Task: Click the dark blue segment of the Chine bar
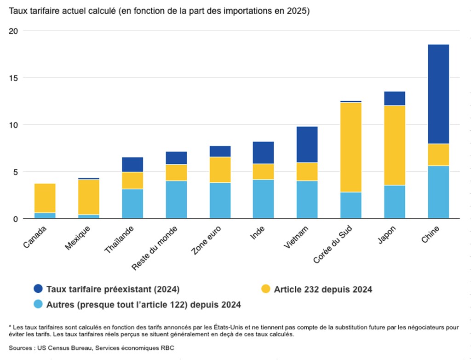click(x=438, y=94)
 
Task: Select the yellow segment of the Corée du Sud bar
click(x=350, y=147)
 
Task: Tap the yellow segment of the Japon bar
click(x=394, y=145)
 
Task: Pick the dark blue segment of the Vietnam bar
click(x=307, y=145)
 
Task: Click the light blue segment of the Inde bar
click(x=263, y=199)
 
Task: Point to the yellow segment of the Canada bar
click(x=45, y=198)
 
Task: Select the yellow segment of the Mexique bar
click(x=89, y=197)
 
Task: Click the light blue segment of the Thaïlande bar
click(x=132, y=203)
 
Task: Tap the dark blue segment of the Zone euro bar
click(x=220, y=151)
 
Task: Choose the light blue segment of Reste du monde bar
click(x=176, y=199)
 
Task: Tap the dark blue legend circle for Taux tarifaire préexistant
click(x=39, y=289)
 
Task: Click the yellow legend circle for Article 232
click(x=265, y=289)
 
